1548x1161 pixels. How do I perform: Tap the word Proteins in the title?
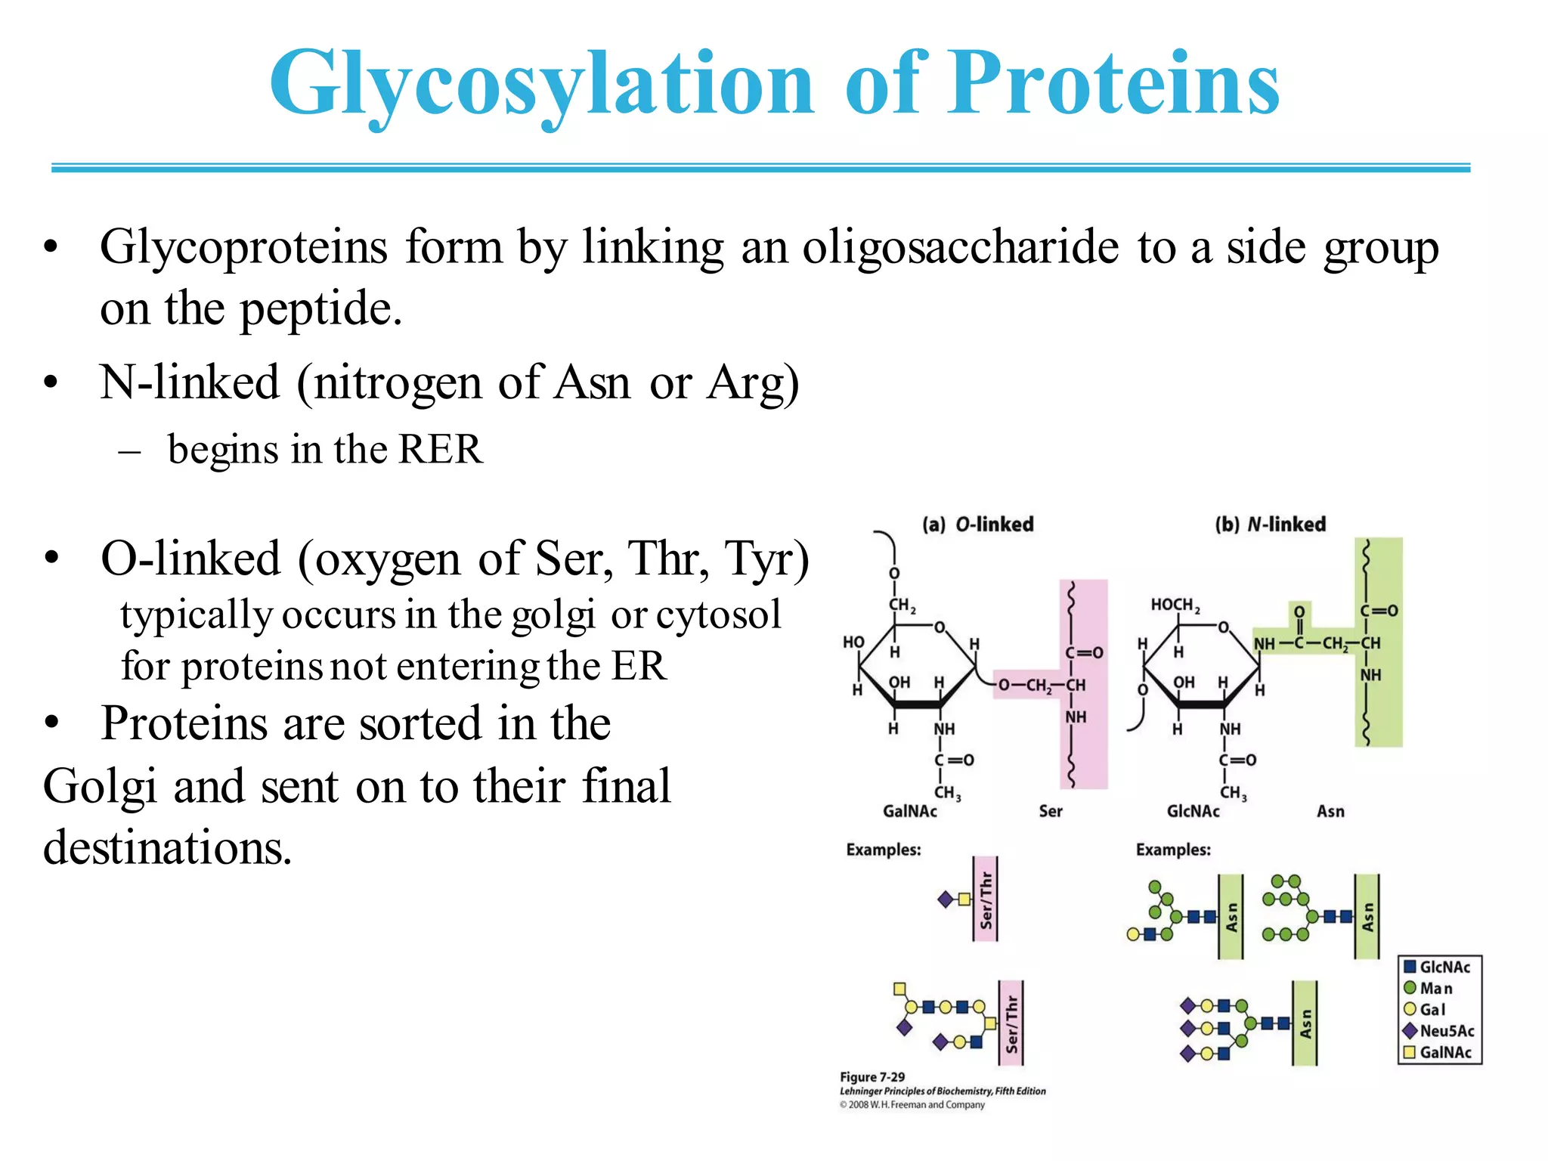coord(1113,83)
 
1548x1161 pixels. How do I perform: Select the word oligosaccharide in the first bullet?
coord(960,248)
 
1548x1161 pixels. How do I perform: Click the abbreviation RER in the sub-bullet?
coord(440,450)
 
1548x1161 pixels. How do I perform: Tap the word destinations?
coord(167,848)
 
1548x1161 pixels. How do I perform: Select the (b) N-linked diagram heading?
coord(1270,525)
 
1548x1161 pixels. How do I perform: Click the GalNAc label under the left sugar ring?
coord(909,812)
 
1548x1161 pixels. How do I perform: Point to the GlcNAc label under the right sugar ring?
coord(1193,812)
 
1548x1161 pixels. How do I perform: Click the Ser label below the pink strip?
coord(1050,812)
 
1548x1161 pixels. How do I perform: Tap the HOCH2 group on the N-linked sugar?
coord(1175,605)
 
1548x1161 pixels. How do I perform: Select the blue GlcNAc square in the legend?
coord(1410,967)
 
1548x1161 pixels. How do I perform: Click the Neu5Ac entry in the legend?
coord(1446,1031)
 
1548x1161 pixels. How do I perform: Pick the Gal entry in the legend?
coord(1432,1010)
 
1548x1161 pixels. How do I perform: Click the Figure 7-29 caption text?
coord(872,1077)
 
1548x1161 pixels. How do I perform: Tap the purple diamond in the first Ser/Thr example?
coord(945,899)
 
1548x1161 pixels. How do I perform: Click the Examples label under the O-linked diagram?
coord(883,850)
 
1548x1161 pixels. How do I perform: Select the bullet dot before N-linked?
coord(51,382)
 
